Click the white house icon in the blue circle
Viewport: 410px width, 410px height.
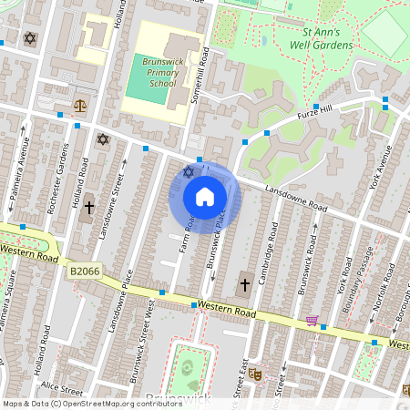(204, 196)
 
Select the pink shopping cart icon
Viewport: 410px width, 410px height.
(313, 320)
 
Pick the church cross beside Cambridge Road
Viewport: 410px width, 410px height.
(244, 285)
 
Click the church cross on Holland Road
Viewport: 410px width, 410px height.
(89, 209)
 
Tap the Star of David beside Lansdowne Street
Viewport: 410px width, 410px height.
(102, 138)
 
